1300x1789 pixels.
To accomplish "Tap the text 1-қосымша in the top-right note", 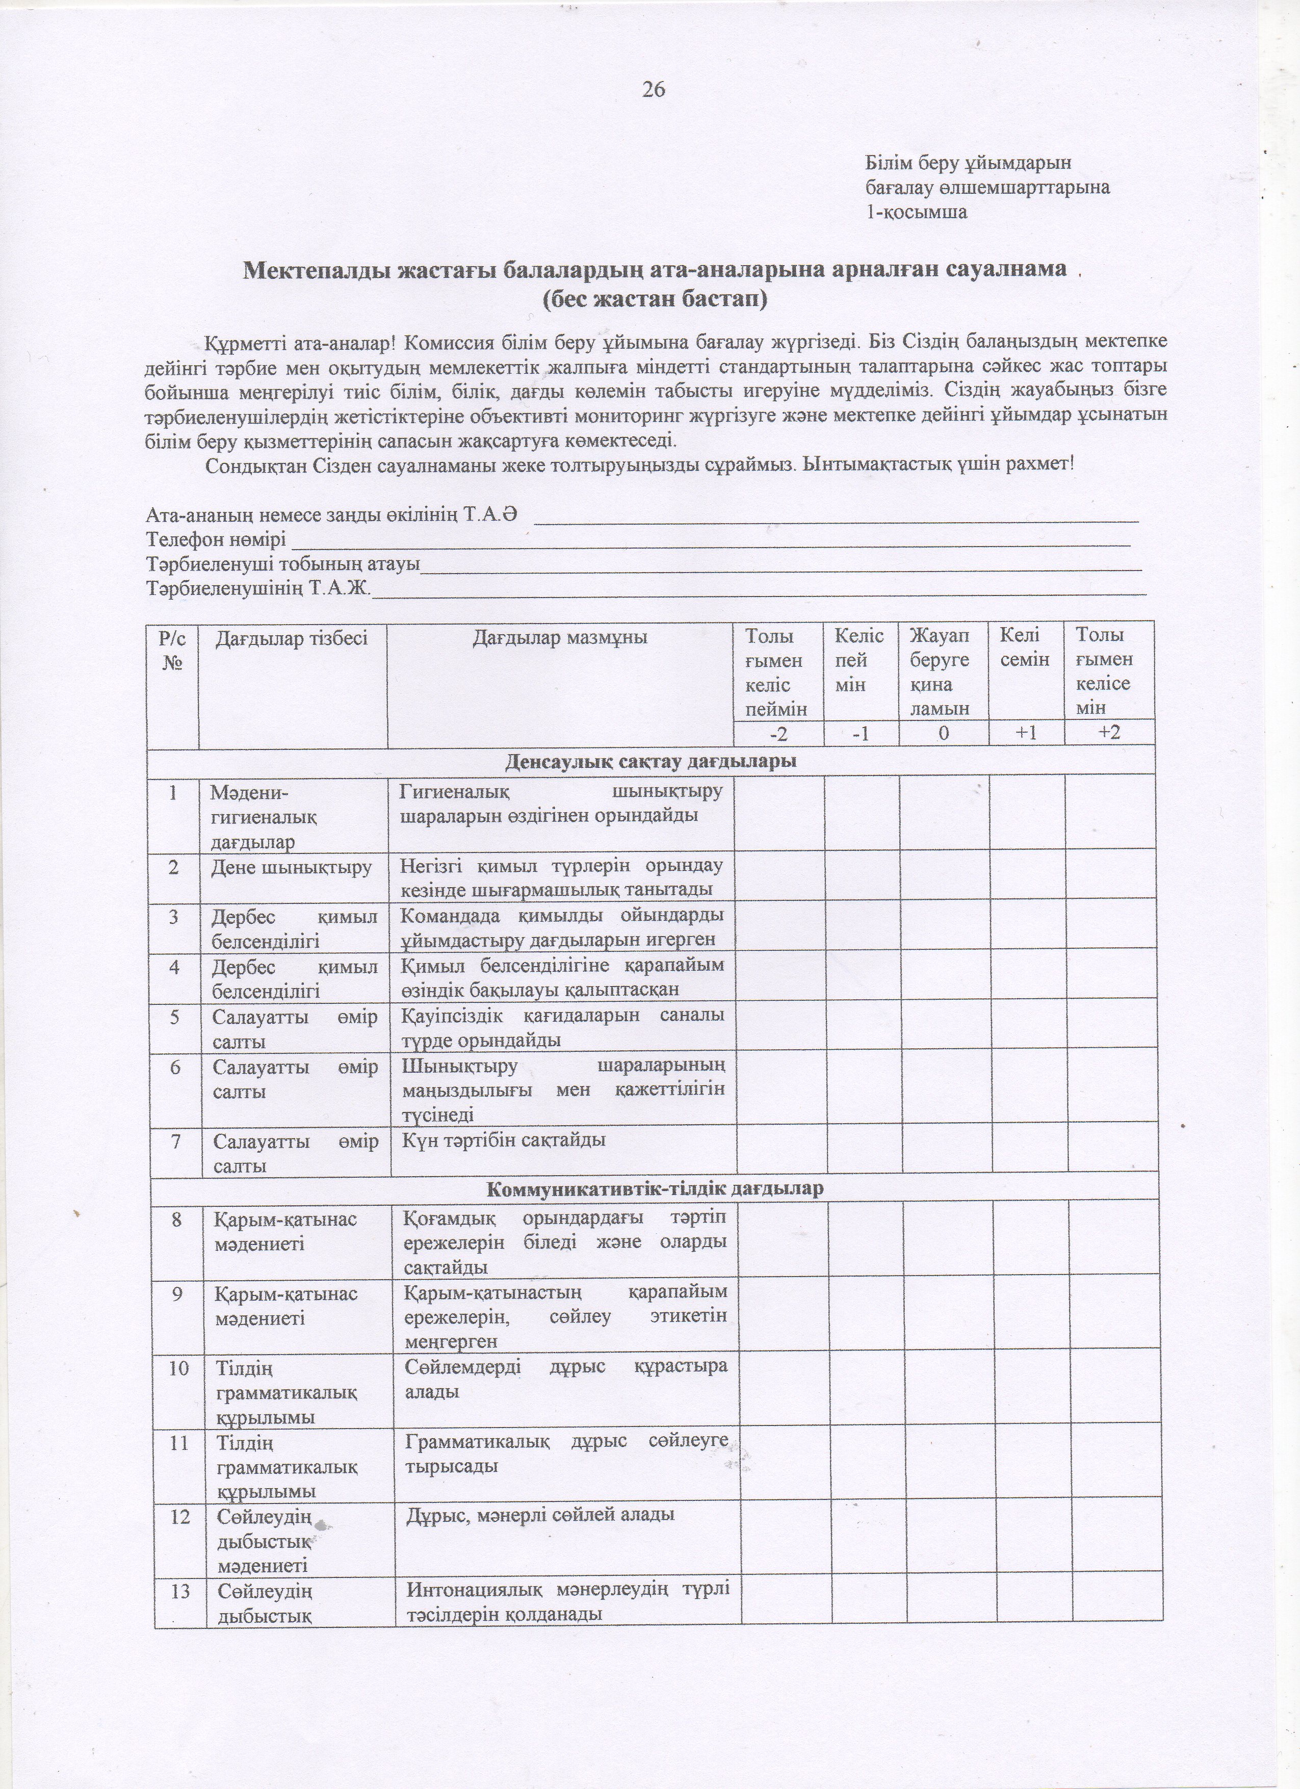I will click(916, 212).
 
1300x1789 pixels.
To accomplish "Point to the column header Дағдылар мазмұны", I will click(560, 637).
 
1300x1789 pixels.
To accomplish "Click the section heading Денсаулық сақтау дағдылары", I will click(651, 762).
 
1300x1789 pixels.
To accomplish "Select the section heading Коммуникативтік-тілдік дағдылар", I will click(654, 1188).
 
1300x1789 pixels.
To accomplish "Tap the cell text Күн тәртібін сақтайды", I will click(504, 1140).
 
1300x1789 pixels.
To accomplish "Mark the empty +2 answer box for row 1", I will click(1110, 813).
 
